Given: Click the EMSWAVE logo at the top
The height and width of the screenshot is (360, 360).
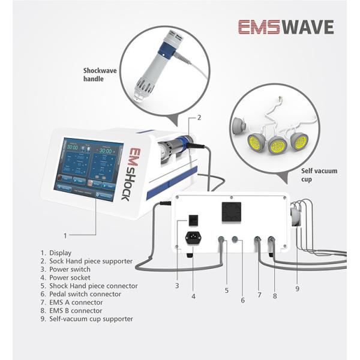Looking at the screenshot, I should pyautogui.click(x=285, y=27).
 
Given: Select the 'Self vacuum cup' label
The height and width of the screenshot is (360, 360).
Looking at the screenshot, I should pyautogui.click(x=319, y=175).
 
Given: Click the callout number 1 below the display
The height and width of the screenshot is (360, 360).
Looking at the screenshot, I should pyautogui.click(x=65, y=236).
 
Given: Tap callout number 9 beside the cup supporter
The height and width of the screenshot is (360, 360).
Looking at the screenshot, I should pyautogui.click(x=296, y=287).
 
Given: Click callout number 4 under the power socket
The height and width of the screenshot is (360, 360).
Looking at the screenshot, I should pyautogui.click(x=193, y=296).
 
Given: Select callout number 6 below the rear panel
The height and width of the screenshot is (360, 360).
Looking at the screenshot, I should pyautogui.click(x=242, y=299).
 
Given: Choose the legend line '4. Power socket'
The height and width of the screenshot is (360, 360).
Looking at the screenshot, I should pyautogui.click(x=65, y=278).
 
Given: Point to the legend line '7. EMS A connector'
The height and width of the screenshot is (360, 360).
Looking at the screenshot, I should pyautogui.click(x=72, y=302).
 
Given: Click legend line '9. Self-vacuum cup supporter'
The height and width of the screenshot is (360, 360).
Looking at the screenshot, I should pyautogui.click(x=87, y=319).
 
